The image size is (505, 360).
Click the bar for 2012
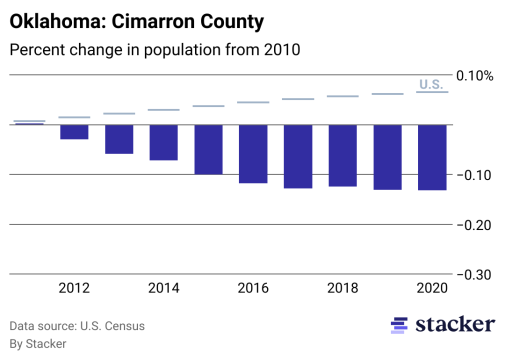tap(74, 132)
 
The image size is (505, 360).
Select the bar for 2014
tap(164, 142)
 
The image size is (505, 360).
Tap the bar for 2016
tap(253, 154)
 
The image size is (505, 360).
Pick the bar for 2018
tap(342, 155)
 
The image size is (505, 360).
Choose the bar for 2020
tap(432, 157)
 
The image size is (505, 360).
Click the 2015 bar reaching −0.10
tap(208, 149)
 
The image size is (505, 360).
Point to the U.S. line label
tap(431, 84)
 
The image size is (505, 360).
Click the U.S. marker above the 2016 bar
tap(253, 102)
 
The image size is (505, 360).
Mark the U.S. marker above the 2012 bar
tap(74, 117)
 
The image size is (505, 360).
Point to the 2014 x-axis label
tap(164, 288)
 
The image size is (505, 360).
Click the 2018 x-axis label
tap(342, 288)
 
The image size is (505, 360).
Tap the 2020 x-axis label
tap(432, 288)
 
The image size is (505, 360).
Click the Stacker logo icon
tap(398, 325)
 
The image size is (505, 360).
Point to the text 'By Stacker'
tap(38, 344)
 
